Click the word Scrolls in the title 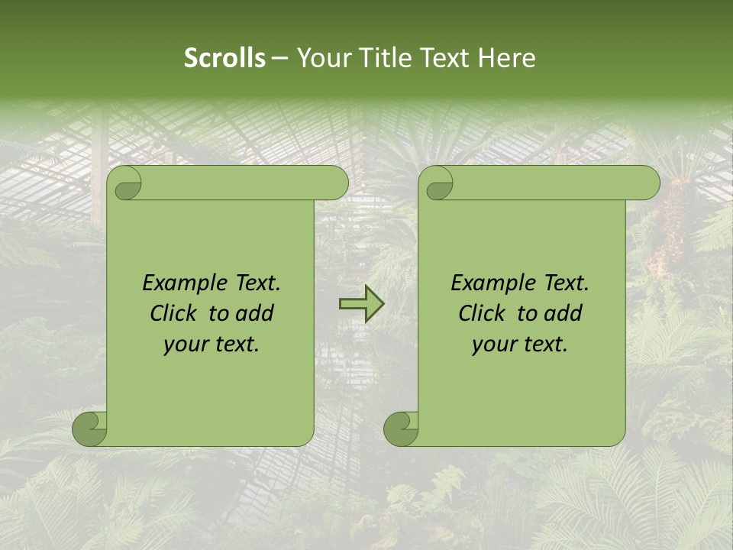point(224,58)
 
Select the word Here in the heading point(506,58)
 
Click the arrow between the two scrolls point(361,304)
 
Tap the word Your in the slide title point(325,58)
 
